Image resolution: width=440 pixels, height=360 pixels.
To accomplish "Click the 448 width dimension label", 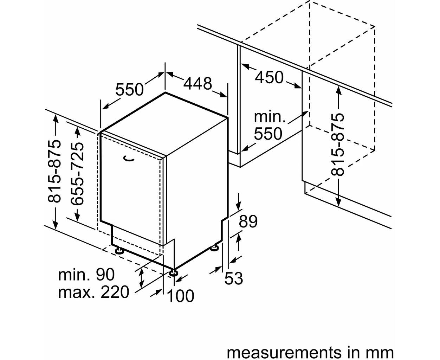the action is coord(198,84).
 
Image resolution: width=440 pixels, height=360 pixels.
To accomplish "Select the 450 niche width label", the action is coord(269,77).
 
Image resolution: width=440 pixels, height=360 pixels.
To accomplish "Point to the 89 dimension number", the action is coord(248,221).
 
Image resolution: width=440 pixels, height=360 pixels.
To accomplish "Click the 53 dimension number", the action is coord(234,278).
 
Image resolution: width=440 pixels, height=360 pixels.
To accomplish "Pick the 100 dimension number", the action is coord(181,296).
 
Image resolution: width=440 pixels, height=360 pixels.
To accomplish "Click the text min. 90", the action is coord(86,275).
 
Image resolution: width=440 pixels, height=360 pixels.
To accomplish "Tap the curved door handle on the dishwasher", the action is coord(129,159).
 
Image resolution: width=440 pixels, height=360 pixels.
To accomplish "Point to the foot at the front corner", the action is coord(174,273).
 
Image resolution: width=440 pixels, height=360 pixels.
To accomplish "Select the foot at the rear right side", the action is coord(214,248).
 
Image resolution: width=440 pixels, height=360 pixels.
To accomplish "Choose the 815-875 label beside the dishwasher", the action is coord(54,172).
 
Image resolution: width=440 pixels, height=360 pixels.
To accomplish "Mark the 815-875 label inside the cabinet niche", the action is coord(337,144).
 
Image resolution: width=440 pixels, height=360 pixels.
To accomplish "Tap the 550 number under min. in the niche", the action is coord(268,134).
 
